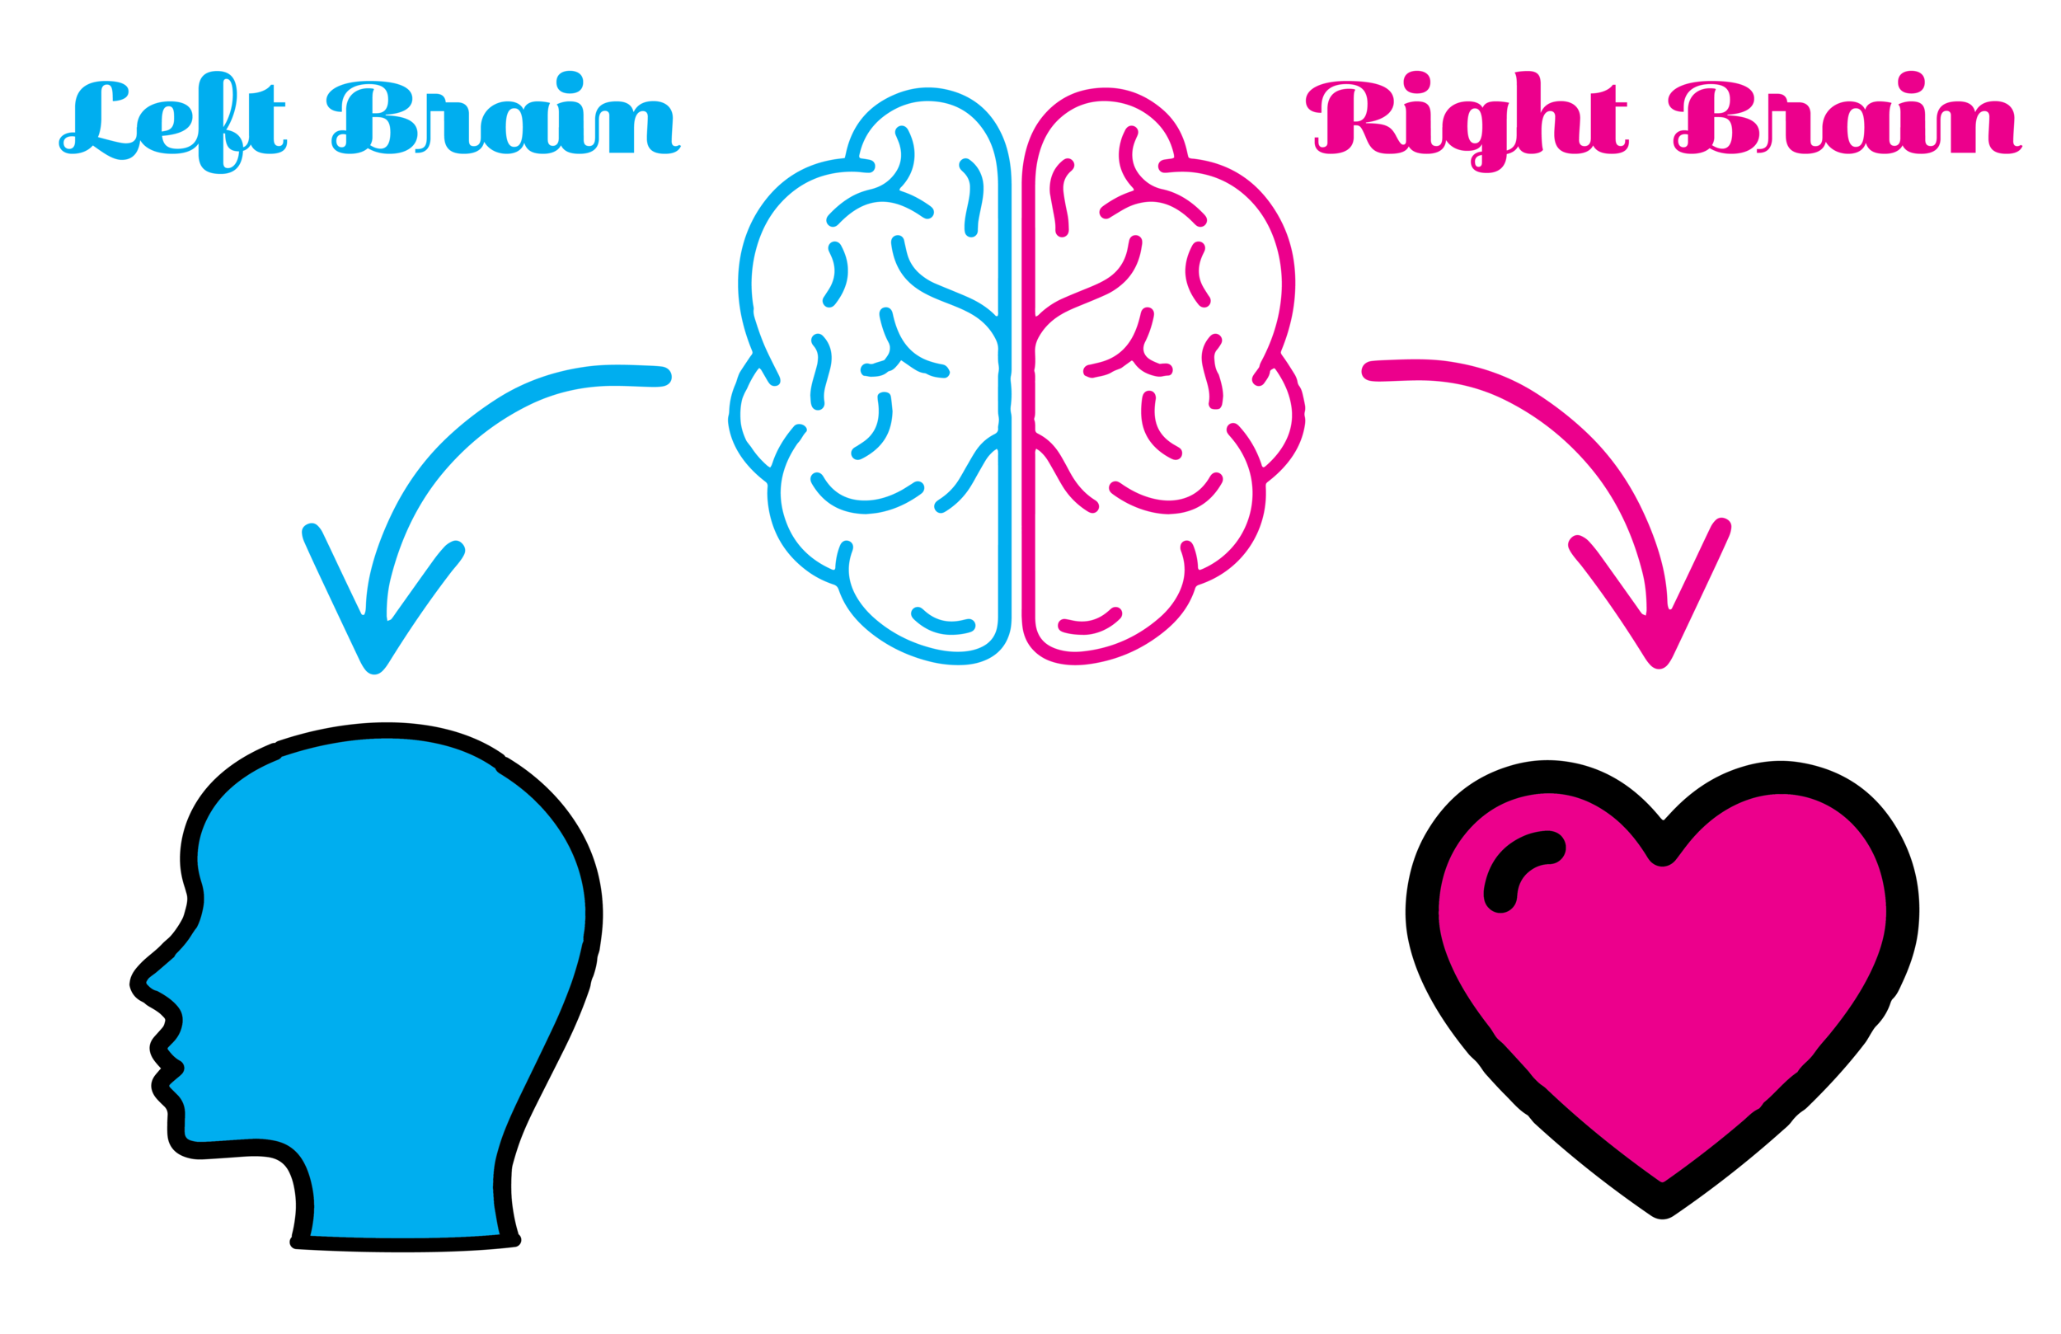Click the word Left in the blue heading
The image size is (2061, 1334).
pos(173,121)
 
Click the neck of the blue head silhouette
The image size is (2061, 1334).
pos(407,1204)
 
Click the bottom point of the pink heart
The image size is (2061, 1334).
pos(1663,1178)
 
